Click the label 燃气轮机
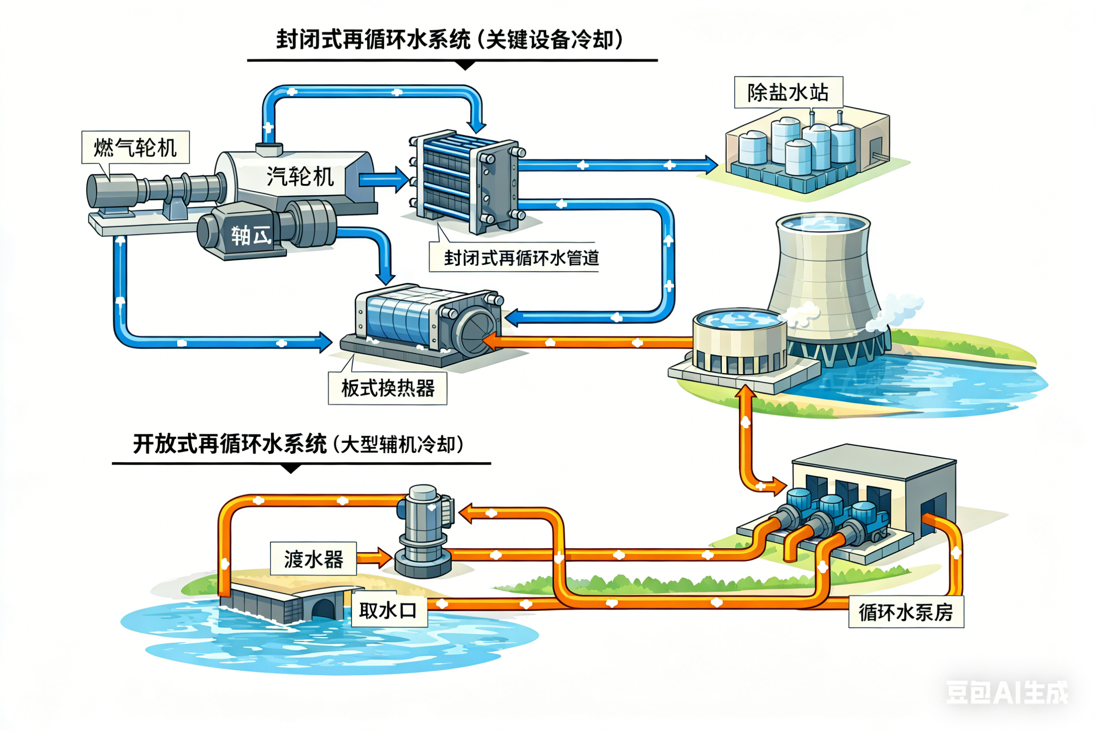(135, 147)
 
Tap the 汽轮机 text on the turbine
(300, 177)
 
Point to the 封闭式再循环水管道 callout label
(520, 258)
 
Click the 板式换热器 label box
(387, 388)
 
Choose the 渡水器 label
(313, 558)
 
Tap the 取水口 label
(387, 610)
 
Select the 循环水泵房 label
(905, 612)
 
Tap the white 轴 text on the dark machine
(241, 235)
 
